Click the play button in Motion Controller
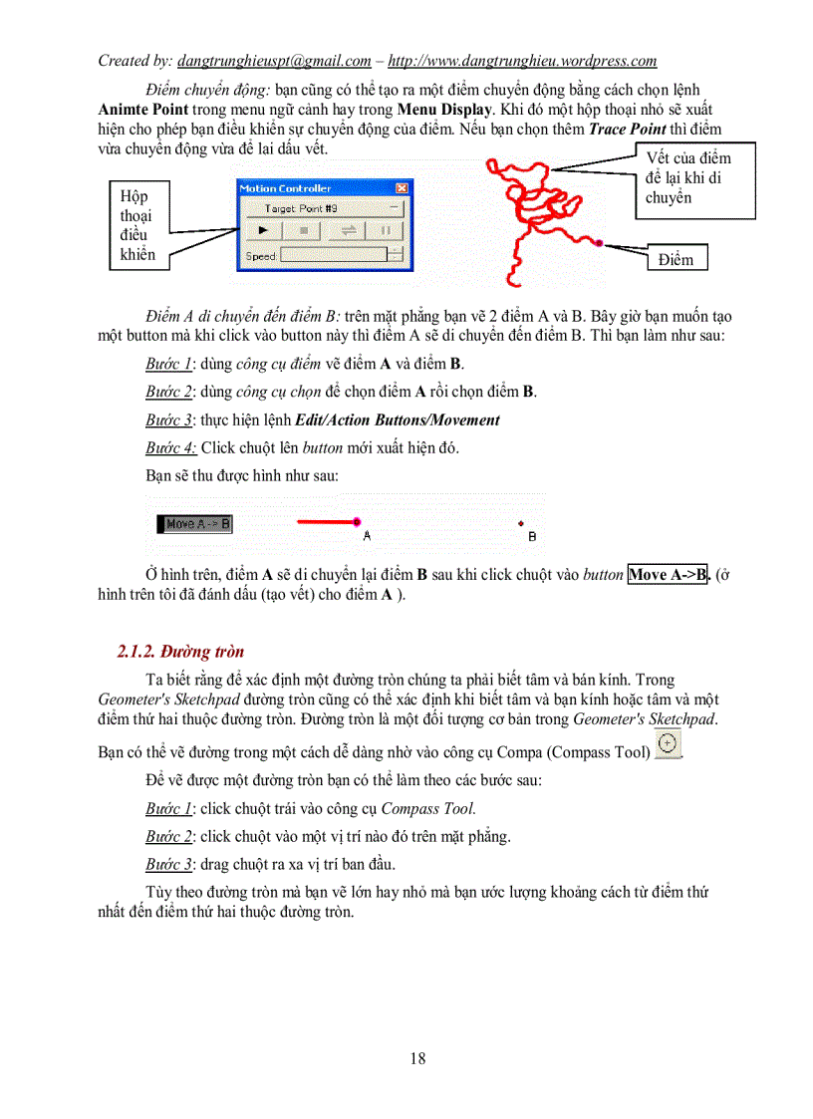click(x=262, y=230)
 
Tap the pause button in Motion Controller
click(x=384, y=230)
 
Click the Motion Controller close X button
click(x=402, y=187)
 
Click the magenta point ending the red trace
click(x=599, y=242)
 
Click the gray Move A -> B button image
click(x=196, y=522)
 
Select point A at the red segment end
click(x=356, y=521)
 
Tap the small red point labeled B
click(x=520, y=523)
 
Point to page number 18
click(x=417, y=1059)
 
